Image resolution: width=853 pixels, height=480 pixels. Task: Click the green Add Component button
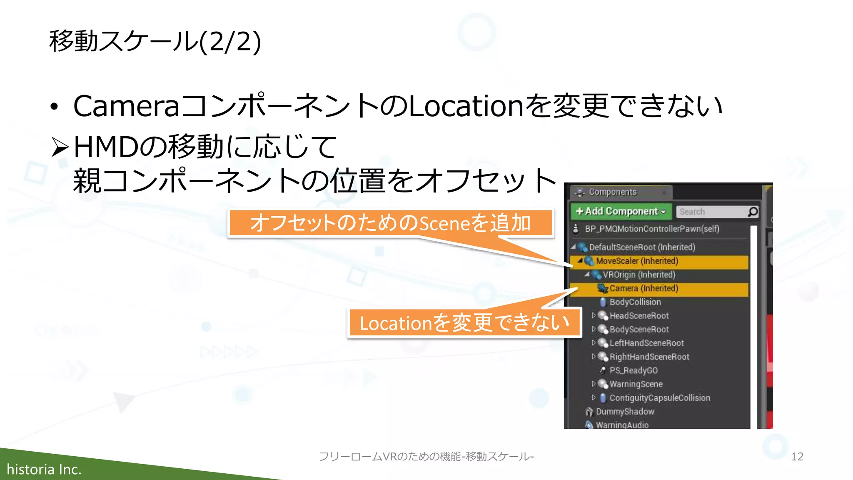621,211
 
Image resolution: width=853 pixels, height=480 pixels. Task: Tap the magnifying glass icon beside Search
753,212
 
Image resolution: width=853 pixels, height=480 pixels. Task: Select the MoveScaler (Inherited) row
637,261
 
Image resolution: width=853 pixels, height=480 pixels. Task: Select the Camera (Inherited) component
643,288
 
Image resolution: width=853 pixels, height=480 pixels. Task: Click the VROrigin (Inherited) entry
639,275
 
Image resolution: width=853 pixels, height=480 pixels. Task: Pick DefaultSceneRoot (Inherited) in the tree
642,247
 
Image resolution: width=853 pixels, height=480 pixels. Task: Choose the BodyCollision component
635,302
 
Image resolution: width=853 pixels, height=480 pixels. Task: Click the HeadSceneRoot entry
639,316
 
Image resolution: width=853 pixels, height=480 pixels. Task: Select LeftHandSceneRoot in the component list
646,343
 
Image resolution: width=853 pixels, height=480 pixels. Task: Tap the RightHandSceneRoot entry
649,357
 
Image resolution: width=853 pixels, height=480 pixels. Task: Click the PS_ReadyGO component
634,370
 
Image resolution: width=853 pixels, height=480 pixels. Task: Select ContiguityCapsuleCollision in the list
660,398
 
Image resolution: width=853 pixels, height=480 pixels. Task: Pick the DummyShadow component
625,412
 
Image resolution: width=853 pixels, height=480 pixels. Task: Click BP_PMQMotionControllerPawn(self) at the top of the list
652,229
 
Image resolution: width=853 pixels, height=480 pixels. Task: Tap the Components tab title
612,192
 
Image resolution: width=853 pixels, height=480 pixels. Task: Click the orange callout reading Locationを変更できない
464,323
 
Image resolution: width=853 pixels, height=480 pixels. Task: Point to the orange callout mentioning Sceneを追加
390,223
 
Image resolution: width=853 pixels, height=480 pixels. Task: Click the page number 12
797,457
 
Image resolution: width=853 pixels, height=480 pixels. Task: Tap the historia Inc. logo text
44,470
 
